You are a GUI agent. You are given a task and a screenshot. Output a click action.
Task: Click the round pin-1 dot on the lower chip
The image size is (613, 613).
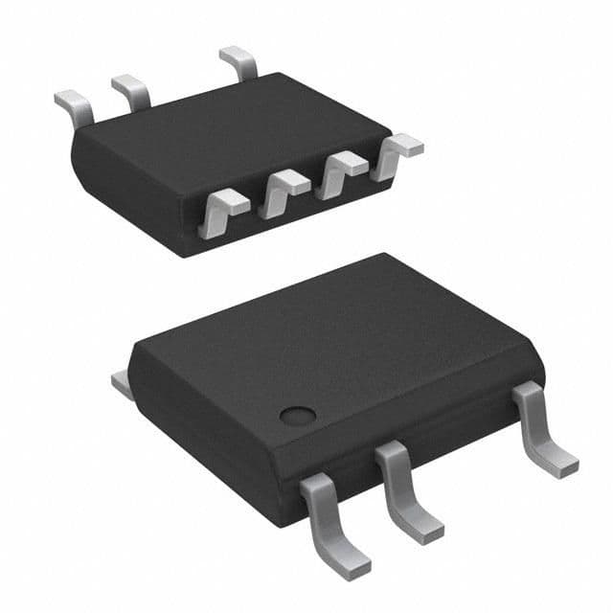298,415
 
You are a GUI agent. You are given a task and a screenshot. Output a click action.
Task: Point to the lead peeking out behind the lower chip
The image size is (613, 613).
122,384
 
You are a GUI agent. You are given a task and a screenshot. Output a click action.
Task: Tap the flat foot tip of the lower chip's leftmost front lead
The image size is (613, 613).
350,561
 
